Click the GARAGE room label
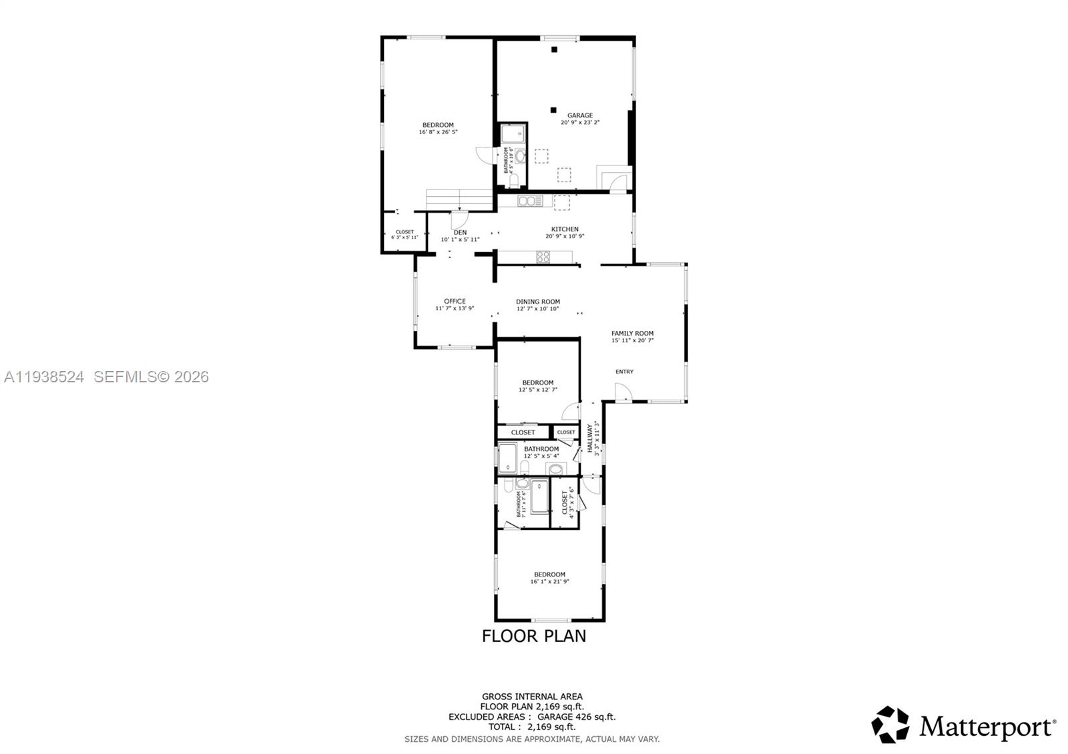tap(579, 115)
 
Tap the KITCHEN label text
tap(565, 229)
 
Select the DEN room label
tap(460, 232)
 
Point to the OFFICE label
tap(455, 301)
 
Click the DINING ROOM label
tap(538, 302)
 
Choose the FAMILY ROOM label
tap(632, 333)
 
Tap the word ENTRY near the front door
tap(624, 372)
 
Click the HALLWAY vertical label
tap(590, 439)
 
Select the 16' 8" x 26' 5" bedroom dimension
tap(438, 132)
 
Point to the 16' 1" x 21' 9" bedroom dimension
tap(549, 582)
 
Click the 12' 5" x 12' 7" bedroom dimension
tap(538, 390)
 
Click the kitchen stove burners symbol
tap(543, 256)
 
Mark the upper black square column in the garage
tap(553, 49)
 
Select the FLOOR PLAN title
tap(534, 636)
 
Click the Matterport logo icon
tap(890, 725)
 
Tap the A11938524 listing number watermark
tap(44, 377)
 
